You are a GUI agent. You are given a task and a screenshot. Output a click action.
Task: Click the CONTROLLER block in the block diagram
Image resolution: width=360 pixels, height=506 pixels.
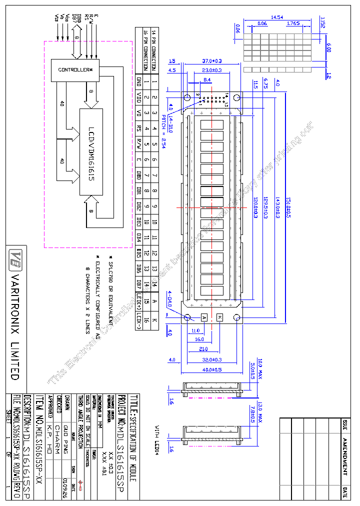click(75, 69)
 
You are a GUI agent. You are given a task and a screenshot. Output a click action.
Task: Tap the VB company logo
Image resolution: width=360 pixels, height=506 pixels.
click(15, 257)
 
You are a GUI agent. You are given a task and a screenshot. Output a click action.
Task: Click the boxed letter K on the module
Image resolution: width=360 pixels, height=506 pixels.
click(220, 317)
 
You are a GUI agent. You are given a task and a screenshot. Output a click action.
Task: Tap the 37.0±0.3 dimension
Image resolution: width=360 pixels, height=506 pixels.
click(211, 60)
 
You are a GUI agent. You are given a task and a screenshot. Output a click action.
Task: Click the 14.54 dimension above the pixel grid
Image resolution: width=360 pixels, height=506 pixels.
click(276, 17)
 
